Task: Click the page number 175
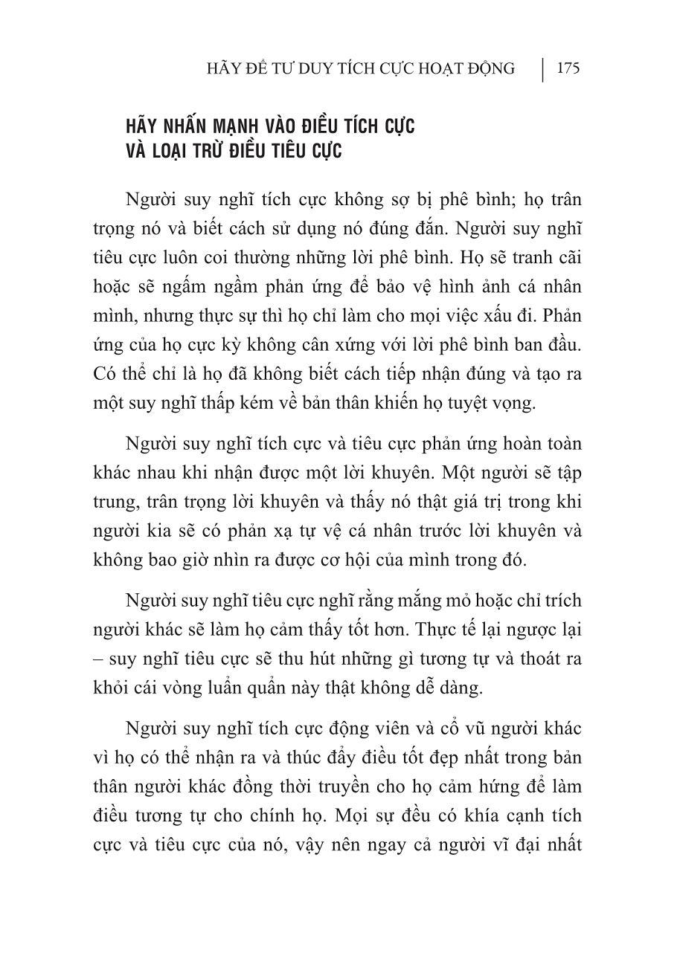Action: (x=568, y=69)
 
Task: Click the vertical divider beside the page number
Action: (x=543, y=69)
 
